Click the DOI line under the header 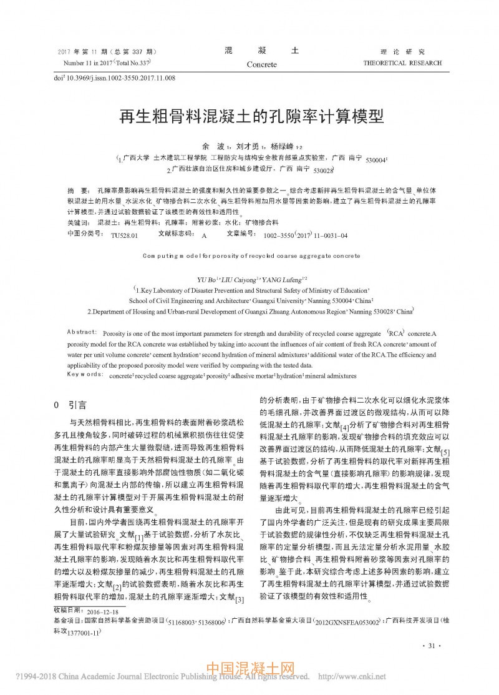click(x=115, y=78)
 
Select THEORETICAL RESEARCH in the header click(x=402, y=63)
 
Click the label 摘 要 click(x=77, y=189)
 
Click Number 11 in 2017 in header click(x=90, y=63)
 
